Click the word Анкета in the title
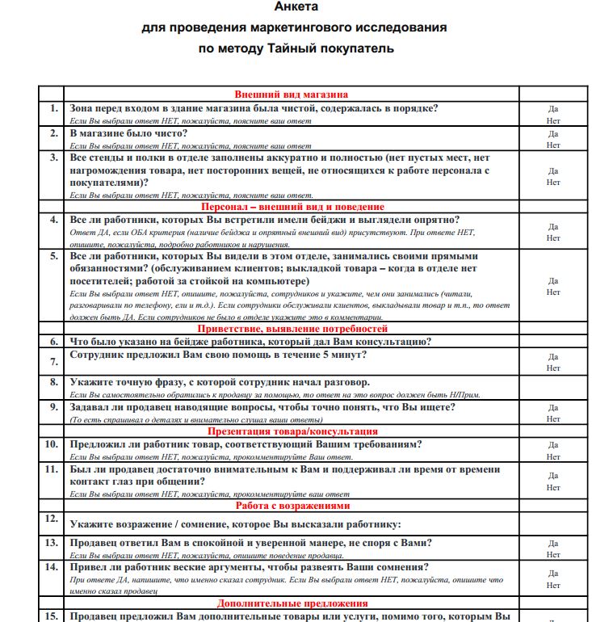point(296,7)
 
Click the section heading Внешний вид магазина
point(292,94)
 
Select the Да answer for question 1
point(553,108)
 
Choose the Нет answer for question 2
point(553,145)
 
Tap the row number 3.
point(53,158)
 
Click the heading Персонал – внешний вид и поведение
point(292,207)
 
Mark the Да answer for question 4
point(553,227)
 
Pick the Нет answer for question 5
point(553,292)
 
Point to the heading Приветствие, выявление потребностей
point(292,329)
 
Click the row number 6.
point(53,342)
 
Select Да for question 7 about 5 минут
point(553,356)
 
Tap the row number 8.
point(53,381)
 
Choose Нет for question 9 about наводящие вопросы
point(553,419)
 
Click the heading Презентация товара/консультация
point(292,431)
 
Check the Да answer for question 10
point(553,445)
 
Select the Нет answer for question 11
point(553,488)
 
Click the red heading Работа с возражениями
point(292,506)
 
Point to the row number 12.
point(53,518)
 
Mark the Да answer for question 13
point(553,544)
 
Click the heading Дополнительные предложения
point(292,603)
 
